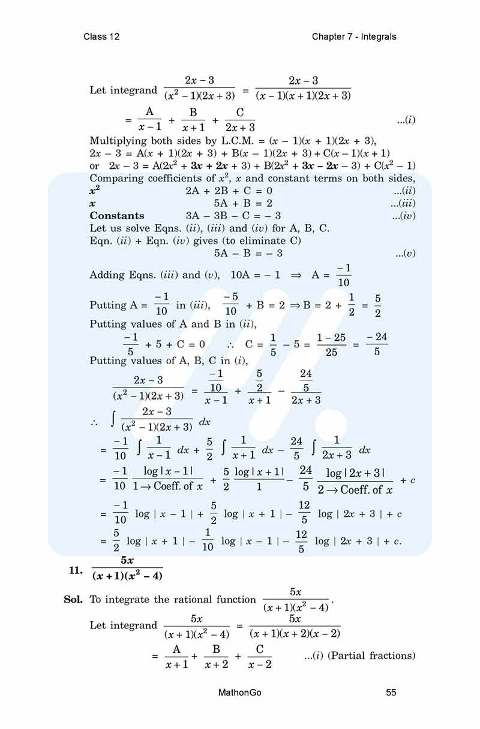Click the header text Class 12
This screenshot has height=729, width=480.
point(101,37)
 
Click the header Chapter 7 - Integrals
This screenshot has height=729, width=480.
point(354,37)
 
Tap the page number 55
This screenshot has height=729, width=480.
point(391,692)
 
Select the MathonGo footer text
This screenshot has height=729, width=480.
point(240,692)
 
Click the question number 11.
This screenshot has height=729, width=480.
point(75,570)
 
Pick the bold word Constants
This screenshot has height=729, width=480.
point(117,216)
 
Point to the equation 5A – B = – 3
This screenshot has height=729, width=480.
point(248,253)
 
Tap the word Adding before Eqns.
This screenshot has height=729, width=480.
point(106,275)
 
